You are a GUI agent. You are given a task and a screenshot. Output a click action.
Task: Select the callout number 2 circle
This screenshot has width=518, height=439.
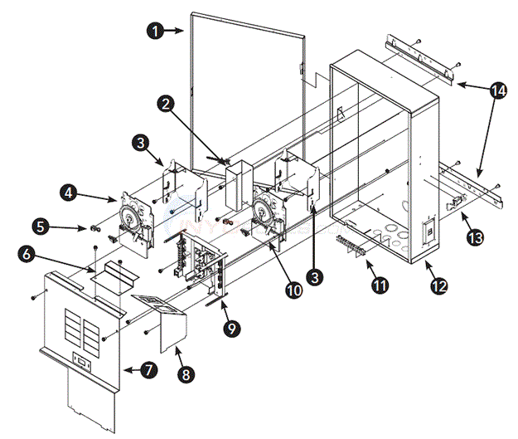pyautogui.click(x=167, y=104)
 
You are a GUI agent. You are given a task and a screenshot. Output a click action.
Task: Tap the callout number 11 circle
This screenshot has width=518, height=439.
pyautogui.click(x=380, y=285)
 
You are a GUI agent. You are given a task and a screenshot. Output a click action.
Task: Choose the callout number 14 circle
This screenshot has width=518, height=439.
pyautogui.click(x=496, y=92)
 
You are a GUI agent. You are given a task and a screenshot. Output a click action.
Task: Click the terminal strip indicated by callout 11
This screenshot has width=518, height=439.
pyautogui.click(x=356, y=246)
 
